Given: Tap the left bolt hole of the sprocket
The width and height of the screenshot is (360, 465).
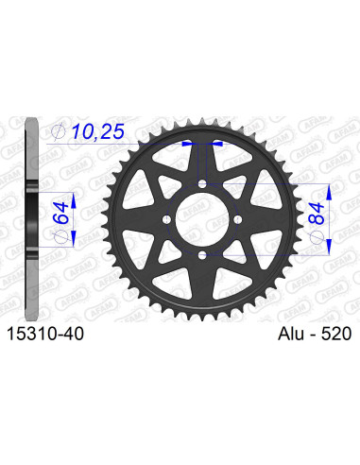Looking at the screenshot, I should click(x=167, y=218).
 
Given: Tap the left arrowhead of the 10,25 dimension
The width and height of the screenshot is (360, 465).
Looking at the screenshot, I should click(x=185, y=145).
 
